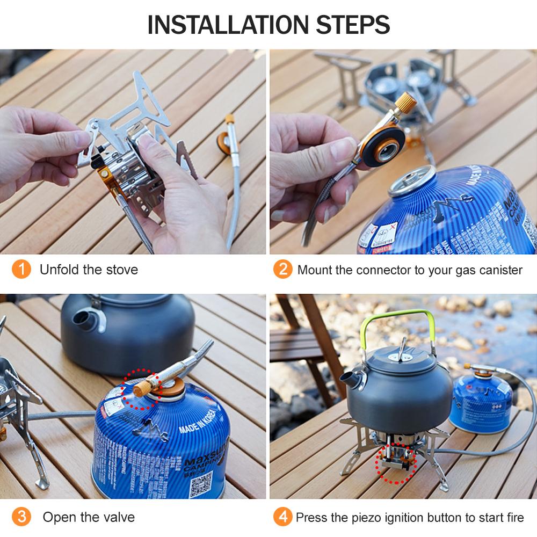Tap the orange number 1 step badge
click(21, 269)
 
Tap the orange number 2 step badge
click(282, 269)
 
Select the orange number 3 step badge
click(21, 517)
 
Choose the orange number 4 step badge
click(282, 517)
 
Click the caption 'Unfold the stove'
click(89, 269)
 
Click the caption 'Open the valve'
click(89, 517)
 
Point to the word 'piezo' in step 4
click(370, 518)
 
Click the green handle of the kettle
click(397, 316)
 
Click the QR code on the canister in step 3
click(200, 483)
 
